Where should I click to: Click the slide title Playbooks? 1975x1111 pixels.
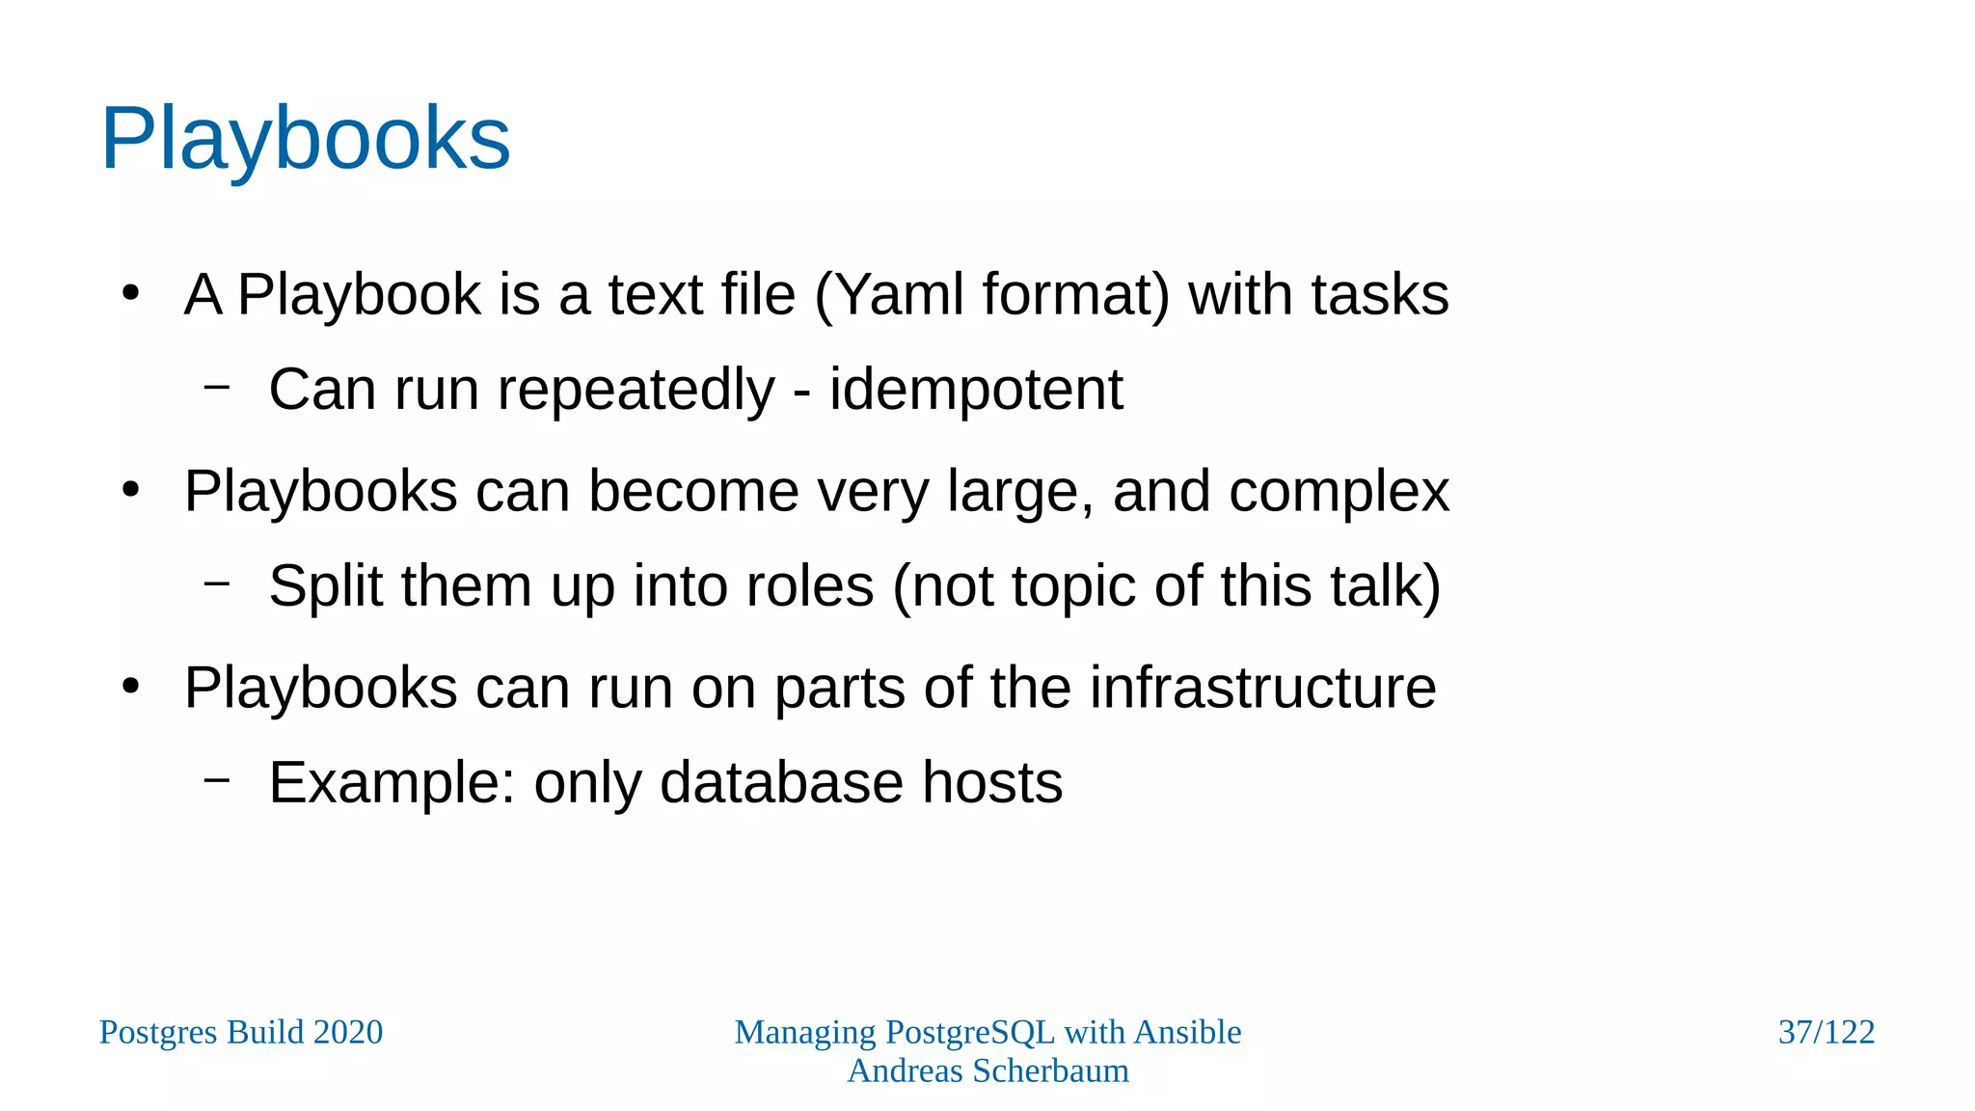305,140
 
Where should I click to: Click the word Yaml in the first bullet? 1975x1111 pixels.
899,294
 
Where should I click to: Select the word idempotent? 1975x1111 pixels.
976,390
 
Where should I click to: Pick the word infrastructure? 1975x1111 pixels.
1262,688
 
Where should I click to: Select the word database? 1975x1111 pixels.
782,782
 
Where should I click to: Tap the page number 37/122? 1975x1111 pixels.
1826,1032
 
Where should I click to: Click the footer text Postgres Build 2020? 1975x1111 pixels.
241,1032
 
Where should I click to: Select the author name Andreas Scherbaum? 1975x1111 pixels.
987,1070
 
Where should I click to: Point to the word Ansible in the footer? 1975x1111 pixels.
1187,1032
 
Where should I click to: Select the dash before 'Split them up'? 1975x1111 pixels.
217,583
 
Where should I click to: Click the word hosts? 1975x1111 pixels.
992,782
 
